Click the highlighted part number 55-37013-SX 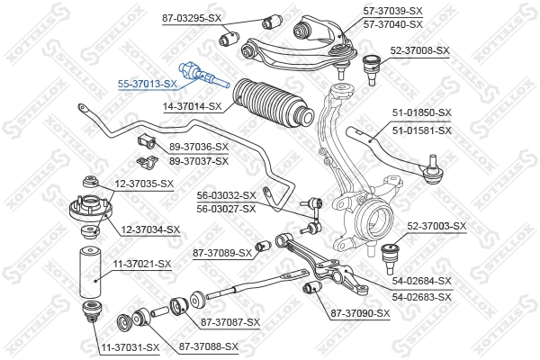148,83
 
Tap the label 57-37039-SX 418,10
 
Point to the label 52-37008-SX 419,50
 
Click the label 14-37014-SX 193,105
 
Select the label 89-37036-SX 199,146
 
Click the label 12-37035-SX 145,184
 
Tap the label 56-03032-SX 227,195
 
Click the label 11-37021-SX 141,264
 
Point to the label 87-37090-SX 359,313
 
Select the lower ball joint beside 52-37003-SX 392,254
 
